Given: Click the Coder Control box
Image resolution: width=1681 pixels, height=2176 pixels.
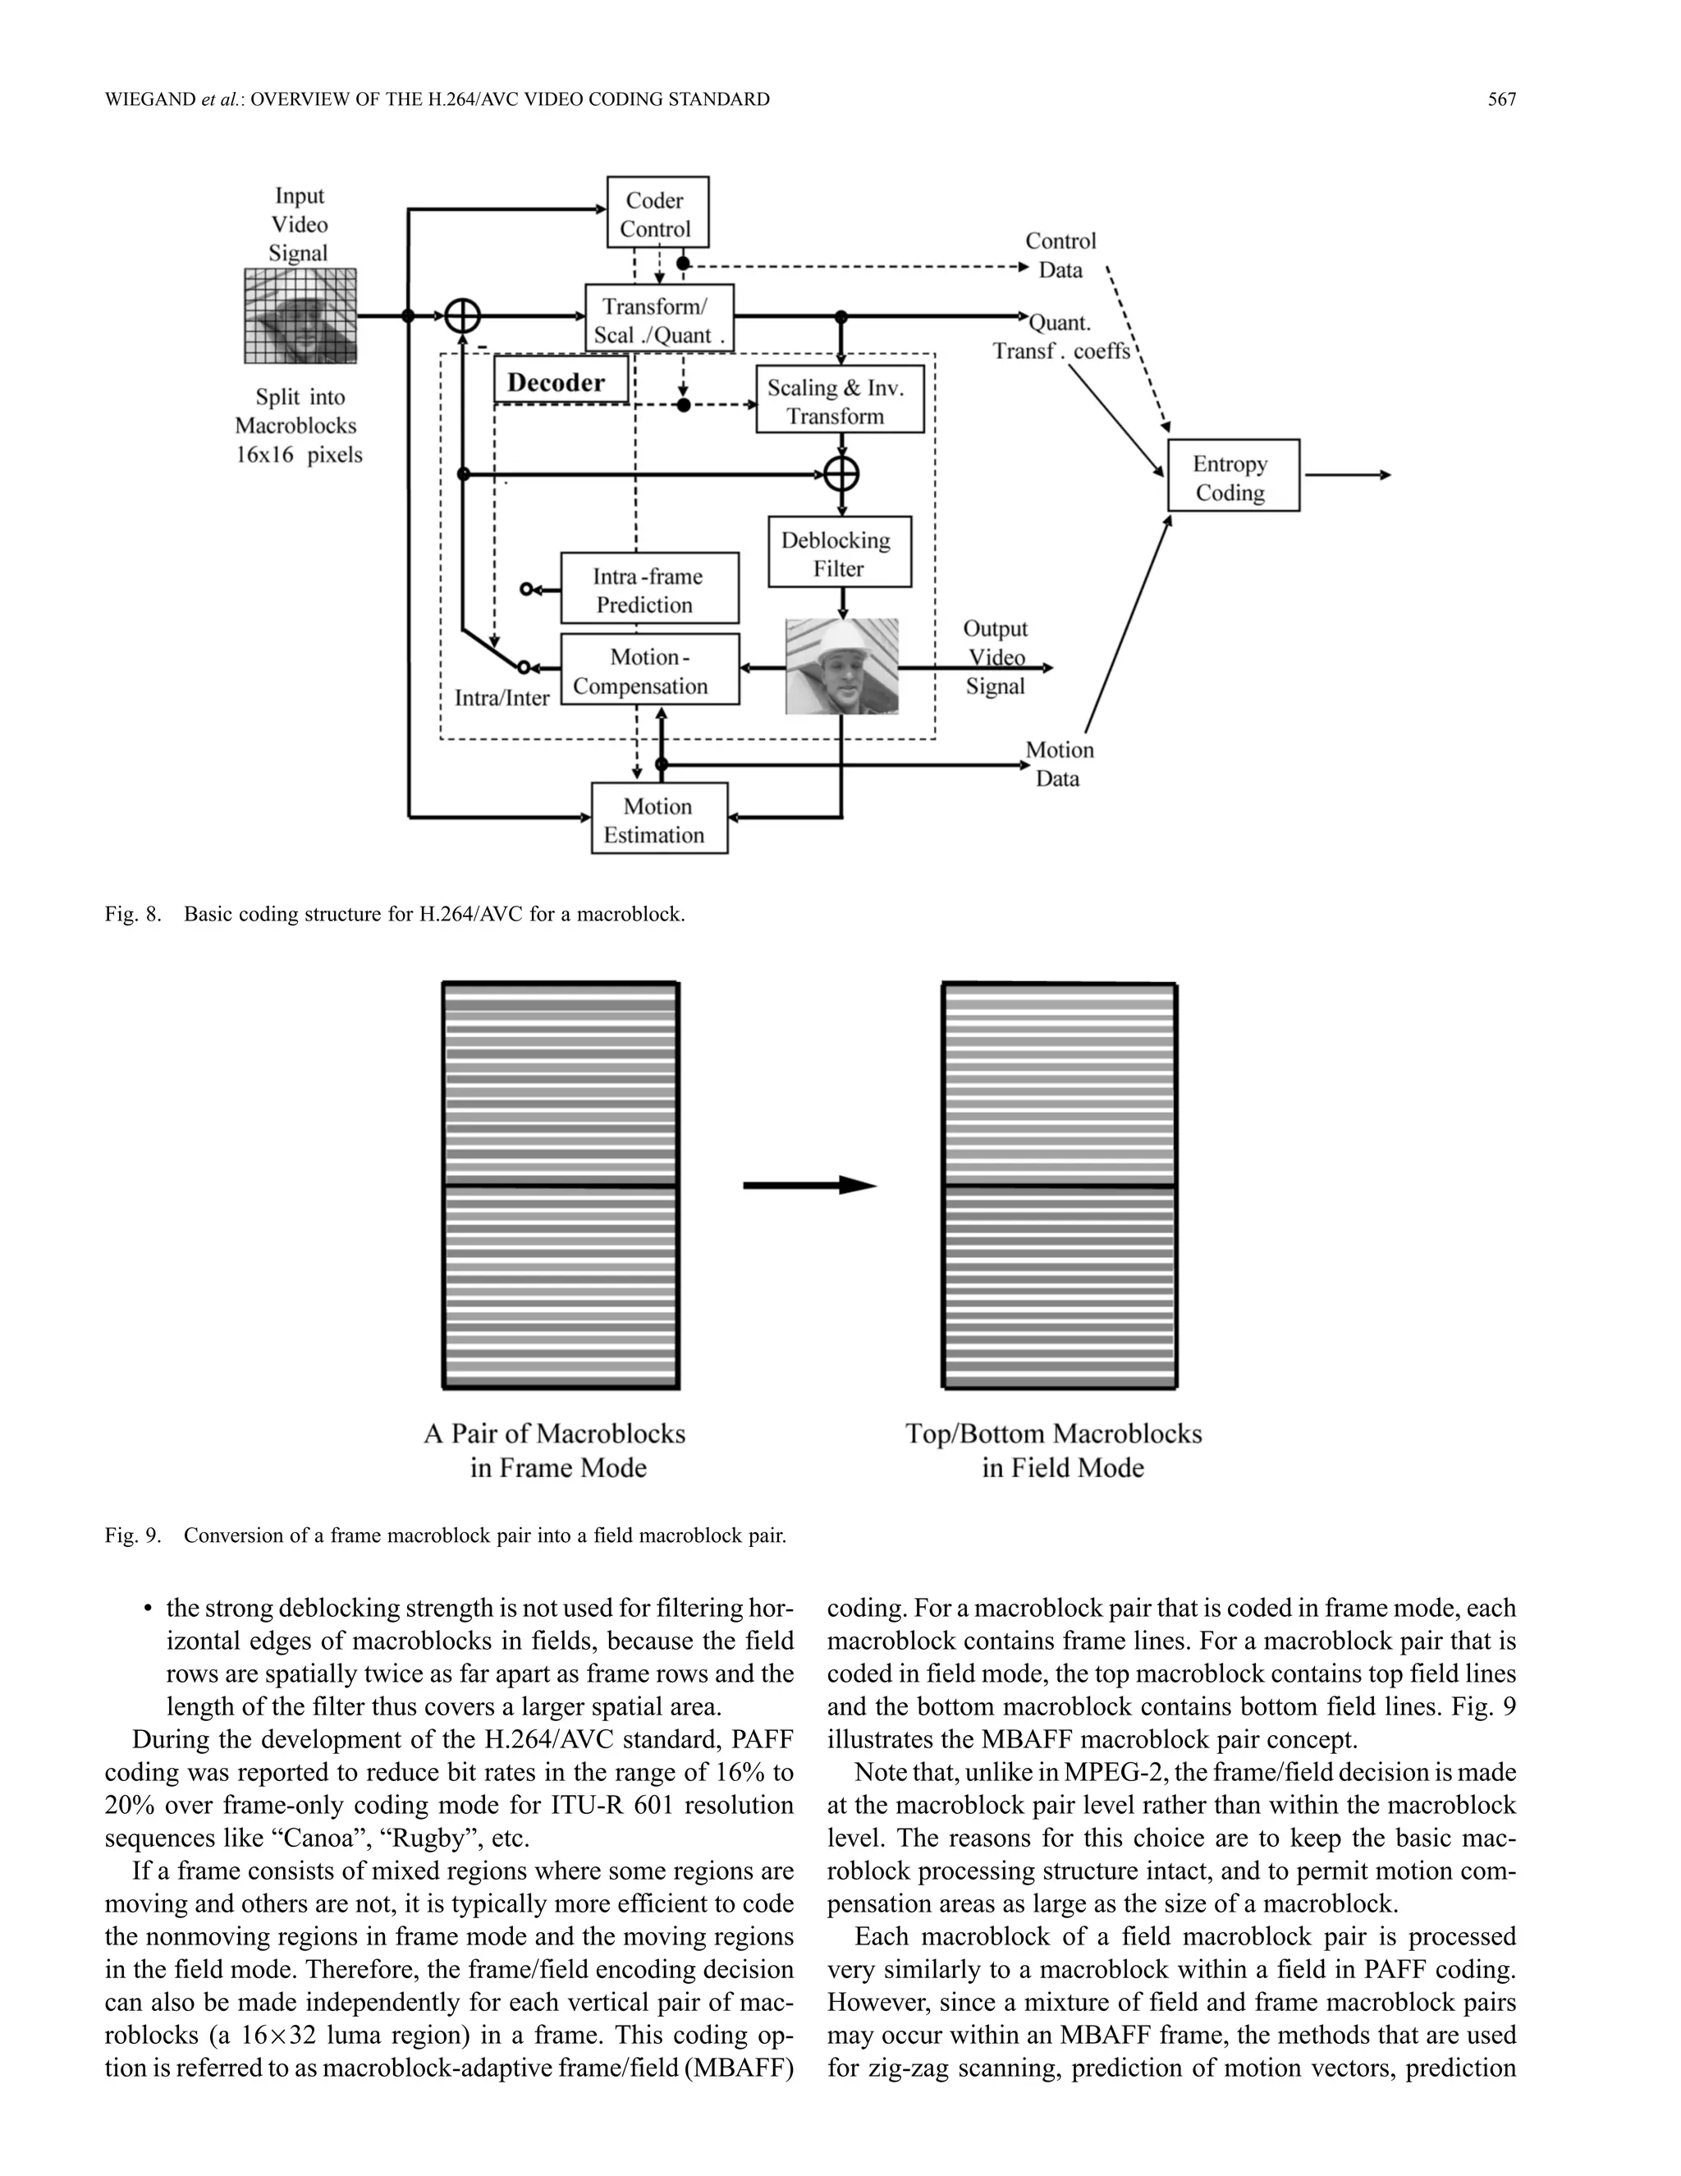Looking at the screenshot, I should coord(657,213).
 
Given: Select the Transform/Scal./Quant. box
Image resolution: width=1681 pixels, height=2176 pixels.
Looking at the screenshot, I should coord(658,319).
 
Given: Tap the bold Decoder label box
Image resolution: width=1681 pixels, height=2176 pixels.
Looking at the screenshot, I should coord(560,383).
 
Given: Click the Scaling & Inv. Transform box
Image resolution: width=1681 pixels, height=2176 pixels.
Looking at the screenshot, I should coord(839,401).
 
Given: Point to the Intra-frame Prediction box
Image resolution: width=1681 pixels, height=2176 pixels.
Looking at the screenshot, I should coord(649,590).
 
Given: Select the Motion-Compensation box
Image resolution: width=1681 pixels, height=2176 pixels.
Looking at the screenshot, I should coord(649,671).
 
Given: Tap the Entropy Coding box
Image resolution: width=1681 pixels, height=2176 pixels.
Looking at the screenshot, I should coord(1232,477).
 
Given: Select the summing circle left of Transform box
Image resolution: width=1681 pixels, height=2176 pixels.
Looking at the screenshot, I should coord(462,316).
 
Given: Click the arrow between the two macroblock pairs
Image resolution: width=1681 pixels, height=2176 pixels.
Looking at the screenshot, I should coord(808,1186).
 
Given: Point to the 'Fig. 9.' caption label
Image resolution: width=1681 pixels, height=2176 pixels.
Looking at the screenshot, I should coord(131,1536).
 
